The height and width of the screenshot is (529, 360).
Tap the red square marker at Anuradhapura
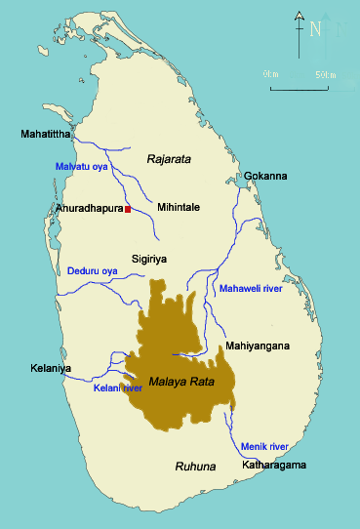pos(128,209)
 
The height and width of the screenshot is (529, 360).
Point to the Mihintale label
pos(180,208)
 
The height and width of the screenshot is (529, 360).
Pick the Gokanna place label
pos(265,176)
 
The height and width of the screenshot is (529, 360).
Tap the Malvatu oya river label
pos(80,167)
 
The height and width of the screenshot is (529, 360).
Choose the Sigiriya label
pos(152,260)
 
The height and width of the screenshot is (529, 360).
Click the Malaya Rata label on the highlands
pos(180,382)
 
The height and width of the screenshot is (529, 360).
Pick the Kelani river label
pos(118,388)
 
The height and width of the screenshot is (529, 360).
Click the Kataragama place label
pos(275,465)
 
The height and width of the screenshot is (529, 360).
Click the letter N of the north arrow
pos(315,29)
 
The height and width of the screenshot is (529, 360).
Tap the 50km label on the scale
pos(328,74)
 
